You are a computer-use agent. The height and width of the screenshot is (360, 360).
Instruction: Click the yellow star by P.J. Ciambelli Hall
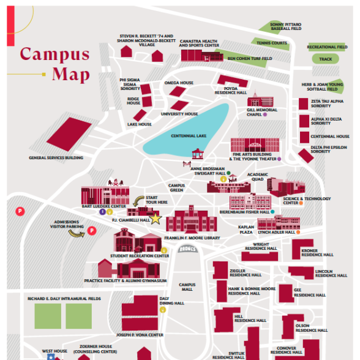[x=156, y=219]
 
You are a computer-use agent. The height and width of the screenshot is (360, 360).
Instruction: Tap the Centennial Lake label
[x=189, y=136]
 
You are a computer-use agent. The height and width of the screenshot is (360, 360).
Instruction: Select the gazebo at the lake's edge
[x=198, y=154]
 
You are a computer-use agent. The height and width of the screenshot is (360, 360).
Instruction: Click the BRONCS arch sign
[x=187, y=249]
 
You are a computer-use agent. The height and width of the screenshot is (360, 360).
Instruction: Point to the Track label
[x=325, y=59]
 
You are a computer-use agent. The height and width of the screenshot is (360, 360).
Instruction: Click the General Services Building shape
[x=69, y=134]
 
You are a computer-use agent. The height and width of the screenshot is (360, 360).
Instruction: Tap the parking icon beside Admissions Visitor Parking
[x=92, y=230]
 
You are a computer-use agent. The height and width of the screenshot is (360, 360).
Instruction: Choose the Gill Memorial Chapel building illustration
[x=260, y=99]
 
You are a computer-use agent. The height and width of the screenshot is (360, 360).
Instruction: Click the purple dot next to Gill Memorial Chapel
[x=265, y=114]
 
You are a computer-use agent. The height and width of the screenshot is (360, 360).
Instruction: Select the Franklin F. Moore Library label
[x=192, y=238]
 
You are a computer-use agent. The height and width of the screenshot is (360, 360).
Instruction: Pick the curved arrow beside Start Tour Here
[x=138, y=201]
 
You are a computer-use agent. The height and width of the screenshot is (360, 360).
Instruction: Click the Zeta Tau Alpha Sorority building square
[x=303, y=104]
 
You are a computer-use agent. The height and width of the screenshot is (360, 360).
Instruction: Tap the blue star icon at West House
[x=51, y=357]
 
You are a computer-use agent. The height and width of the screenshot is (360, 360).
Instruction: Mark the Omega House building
[x=178, y=91]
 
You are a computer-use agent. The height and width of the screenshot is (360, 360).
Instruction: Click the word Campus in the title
[x=54, y=54]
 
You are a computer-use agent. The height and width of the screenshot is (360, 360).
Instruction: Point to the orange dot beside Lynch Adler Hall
[x=298, y=232]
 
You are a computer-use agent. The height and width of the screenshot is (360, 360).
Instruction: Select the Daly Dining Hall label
[x=171, y=301]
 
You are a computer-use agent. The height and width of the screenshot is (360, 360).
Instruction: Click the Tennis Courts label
[x=272, y=43]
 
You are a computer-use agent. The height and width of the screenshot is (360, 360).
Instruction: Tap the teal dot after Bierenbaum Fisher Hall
[x=272, y=212]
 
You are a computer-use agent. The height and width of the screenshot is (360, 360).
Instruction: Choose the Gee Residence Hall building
[x=286, y=293]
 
